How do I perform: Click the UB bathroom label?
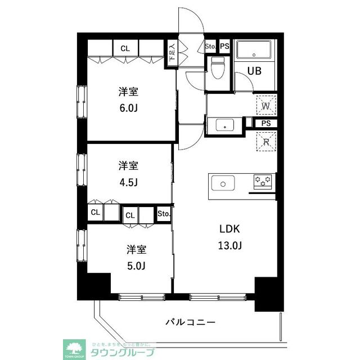254,71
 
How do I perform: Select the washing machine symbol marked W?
267,105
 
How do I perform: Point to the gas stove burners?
263,182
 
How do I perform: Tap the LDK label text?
230,229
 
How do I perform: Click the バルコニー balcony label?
191,323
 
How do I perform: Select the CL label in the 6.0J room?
125,48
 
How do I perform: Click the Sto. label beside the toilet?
210,46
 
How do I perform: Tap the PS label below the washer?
265,124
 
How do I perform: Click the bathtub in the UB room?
254,51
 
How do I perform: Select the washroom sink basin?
225,125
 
